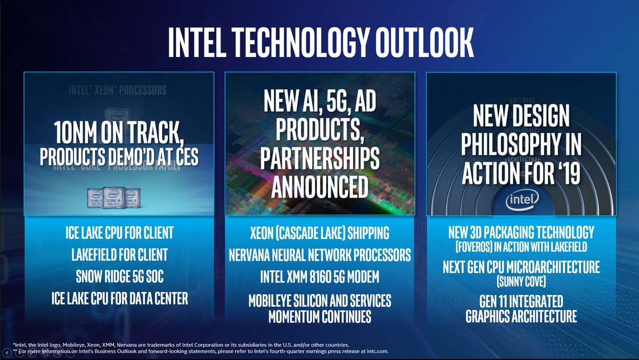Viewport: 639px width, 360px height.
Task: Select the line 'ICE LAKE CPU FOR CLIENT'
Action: [119, 233]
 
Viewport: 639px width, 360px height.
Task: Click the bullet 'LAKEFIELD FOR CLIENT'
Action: [119, 255]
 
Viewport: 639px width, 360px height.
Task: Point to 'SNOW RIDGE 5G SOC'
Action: [119, 277]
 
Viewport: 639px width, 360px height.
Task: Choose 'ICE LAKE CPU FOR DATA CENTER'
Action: [119, 299]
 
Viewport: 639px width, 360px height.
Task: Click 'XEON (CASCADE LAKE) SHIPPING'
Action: [319, 233]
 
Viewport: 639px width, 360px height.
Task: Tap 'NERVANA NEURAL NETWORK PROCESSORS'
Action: [319, 255]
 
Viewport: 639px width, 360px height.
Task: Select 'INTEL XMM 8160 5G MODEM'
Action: [319, 277]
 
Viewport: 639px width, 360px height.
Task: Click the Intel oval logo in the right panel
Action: [520, 201]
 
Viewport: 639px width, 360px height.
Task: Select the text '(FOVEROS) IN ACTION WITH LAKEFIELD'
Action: [520, 247]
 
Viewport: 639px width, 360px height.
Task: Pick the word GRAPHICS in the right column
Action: [497, 316]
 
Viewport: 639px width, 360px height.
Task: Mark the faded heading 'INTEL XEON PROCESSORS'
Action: [117, 89]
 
